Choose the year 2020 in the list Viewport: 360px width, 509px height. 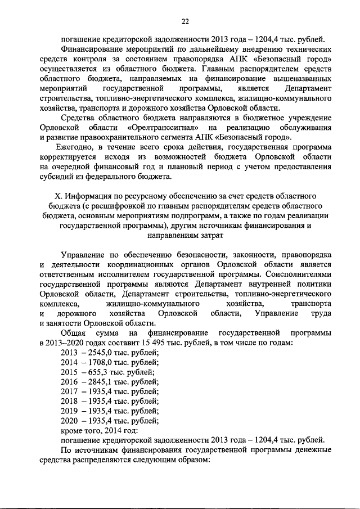[68, 420]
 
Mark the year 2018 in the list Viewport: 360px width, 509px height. [68, 400]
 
